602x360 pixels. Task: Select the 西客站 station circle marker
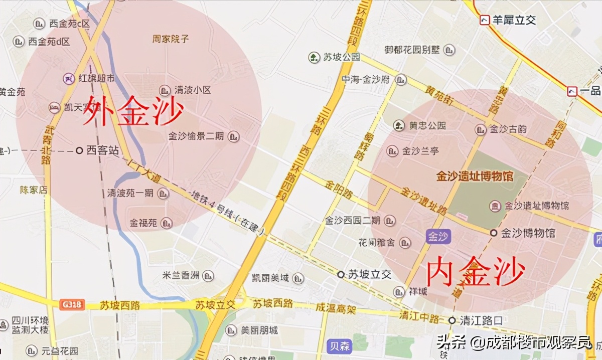coord(79,150)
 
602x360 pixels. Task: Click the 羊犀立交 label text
coord(514,20)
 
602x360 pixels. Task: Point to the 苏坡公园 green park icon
coord(314,57)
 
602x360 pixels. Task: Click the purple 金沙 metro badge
coord(438,237)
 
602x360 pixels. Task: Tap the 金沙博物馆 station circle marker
coord(494,233)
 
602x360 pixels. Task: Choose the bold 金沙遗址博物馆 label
coord(474,176)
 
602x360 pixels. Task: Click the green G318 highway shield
coord(72,304)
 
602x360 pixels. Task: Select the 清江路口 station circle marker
coord(452,320)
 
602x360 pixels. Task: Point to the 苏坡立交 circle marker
coord(341,274)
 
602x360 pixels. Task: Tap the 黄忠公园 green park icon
coord(399,125)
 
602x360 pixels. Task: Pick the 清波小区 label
coord(193,90)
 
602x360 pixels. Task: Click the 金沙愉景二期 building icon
coord(233,136)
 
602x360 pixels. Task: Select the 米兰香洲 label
coord(181,275)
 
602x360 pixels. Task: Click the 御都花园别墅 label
coord(412,50)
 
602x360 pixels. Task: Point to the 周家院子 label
coord(171,39)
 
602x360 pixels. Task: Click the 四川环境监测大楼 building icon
coord(4,324)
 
